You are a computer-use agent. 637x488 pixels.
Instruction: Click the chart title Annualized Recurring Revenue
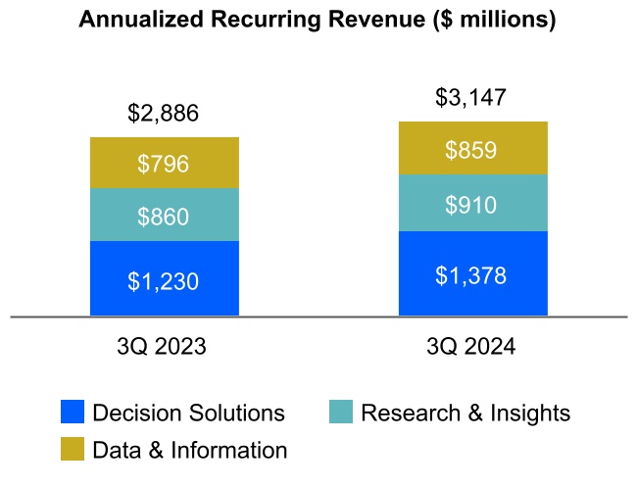tap(317, 21)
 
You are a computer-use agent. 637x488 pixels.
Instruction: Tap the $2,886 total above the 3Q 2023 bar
tap(164, 114)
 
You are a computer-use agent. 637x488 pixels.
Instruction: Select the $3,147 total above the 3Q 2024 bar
tap(472, 98)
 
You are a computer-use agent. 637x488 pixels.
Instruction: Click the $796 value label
tap(164, 164)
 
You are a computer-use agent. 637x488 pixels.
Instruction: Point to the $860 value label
tap(164, 216)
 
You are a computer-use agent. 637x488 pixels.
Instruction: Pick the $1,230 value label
tap(164, 281)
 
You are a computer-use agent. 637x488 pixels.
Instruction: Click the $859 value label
tap(472, 150)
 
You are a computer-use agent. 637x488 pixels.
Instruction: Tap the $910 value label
tap(472, 205)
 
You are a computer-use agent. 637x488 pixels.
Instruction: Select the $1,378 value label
tap(472, 275)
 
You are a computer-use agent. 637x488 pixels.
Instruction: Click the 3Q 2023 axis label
tap(164, 347)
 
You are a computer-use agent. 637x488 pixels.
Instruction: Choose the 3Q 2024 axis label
tap(472, 347)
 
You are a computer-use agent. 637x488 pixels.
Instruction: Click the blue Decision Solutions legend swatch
tap(73, 413)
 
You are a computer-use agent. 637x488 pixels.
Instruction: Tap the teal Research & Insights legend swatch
tap(341, 413)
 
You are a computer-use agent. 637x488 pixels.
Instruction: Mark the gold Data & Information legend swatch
tap(73, 450)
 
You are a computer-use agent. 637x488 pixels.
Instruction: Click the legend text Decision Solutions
tap(188, 413)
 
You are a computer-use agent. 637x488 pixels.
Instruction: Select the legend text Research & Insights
tap(465, 413)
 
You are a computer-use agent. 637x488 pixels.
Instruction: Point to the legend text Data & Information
tap(190, 450)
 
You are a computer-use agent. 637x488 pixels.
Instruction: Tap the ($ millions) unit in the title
tap(493, 21)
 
